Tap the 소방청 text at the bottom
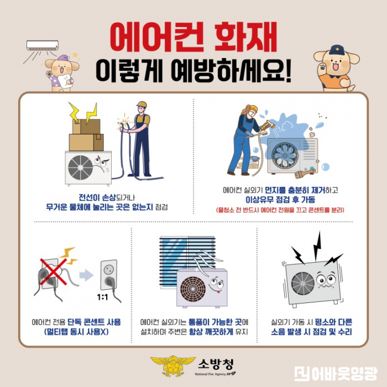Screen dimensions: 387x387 pyautogui.click(x=216, y=363)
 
